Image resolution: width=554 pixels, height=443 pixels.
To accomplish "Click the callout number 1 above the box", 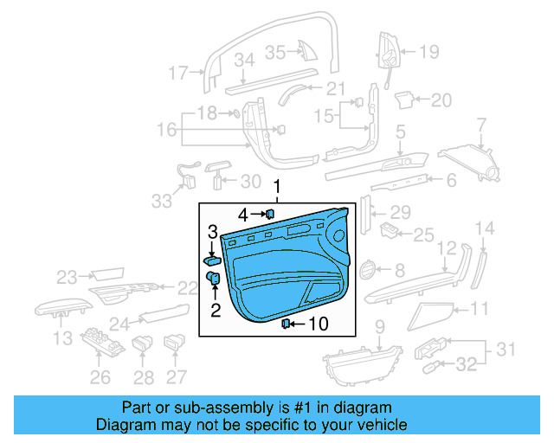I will (x=278, y=187).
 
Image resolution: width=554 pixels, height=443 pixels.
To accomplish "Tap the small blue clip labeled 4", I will (x=270, y=213).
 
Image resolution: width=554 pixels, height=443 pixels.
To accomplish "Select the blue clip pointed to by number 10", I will (x=286, y=324).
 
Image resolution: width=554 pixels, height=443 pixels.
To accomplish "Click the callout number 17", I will (x=178, y=73).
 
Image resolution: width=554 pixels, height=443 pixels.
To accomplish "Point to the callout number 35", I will (x=274, y=52).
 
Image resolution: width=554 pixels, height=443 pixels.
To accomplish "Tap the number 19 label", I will (x=429, y=52).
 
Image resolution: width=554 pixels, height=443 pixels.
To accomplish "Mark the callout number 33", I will (x=161, y=201).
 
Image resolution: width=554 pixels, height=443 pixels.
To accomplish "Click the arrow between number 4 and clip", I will (x=257, y=214).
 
